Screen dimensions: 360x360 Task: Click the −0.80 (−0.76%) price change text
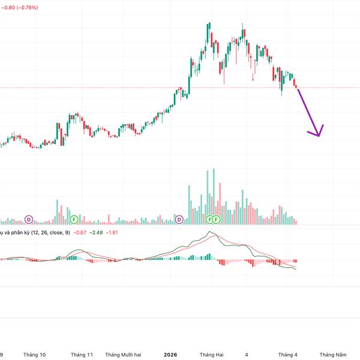coord(19,7)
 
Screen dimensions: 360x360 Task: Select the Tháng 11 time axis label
coord(82,355)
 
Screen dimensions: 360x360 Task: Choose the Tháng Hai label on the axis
coord(212,355)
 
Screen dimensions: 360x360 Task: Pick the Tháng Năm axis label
coord(332,355)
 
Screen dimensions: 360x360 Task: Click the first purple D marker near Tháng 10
coord(28,220)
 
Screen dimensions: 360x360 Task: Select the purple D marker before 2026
coord(179,220)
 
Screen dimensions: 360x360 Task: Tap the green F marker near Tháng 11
coord(74,220)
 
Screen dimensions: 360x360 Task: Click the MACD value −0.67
coord(80,232)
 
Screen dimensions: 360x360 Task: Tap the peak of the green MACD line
coord(209,232)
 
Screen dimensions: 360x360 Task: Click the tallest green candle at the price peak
coord(208,35)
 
